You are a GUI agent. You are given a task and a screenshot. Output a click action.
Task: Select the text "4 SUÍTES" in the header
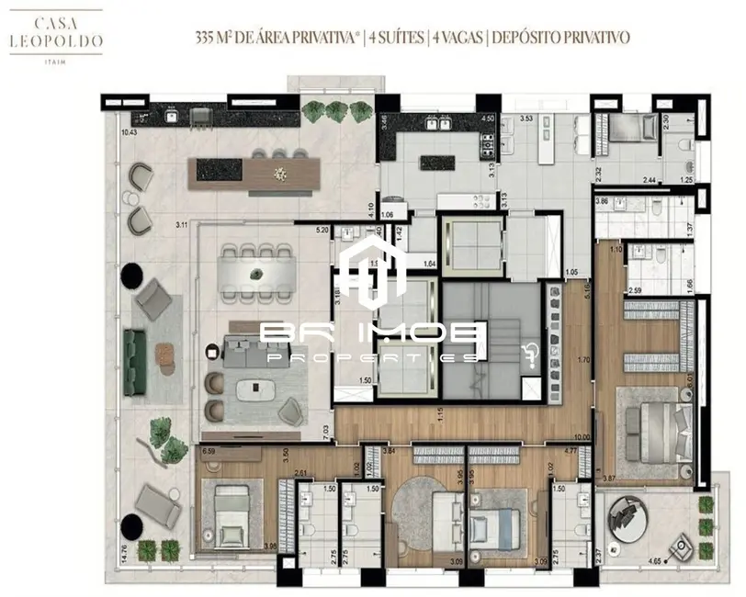tap(397, 38)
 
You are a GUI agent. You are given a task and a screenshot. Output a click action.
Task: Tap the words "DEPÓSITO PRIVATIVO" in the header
tap(561, 38)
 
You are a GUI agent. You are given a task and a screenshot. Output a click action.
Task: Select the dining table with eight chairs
tap(258, 272)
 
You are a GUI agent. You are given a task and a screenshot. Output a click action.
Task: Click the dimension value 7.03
tap(324, 429)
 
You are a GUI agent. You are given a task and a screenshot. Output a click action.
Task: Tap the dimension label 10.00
tap(580, 437)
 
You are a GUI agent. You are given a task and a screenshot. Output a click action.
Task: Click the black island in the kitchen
tap(437, 163)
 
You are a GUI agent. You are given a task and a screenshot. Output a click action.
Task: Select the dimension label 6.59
tap(208, 451)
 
